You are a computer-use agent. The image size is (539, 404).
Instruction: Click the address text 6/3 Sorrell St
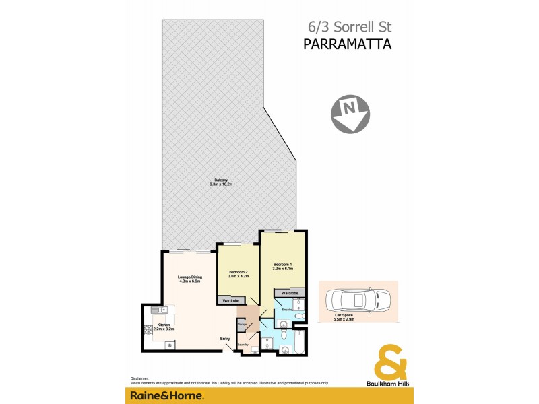tap(345, 28)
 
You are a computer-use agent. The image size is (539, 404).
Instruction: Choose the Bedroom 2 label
tap(238, 274)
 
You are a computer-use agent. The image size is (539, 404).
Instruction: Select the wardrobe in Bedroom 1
tap(290, 294)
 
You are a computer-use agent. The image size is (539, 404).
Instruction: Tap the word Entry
tap(226, 339)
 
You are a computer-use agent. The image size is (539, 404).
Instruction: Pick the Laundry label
tap(243, 345)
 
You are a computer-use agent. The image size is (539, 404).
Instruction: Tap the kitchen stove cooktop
tap(148, 330)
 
